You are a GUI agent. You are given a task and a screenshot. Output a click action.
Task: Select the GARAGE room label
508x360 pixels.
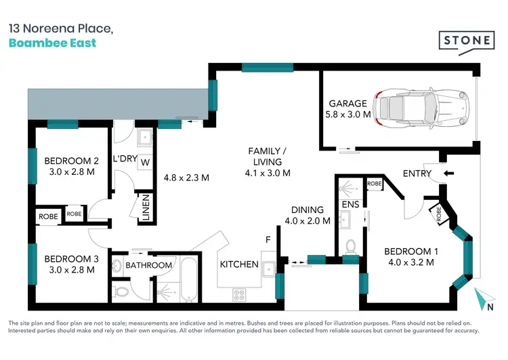point(348,104)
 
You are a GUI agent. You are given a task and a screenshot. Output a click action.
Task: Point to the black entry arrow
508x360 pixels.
point(449,173)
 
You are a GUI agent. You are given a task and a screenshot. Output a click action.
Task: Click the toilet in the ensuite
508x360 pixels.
point(350,245)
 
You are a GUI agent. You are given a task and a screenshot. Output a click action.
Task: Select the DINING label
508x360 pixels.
point(308,209)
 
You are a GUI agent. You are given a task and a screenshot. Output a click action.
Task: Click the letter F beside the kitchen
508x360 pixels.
point(268,240)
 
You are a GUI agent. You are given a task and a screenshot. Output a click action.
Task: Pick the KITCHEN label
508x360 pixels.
point(238,264)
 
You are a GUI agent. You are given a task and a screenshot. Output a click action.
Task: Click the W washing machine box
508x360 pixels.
point(146,162)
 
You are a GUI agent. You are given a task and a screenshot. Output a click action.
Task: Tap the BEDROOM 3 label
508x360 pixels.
point(67,259)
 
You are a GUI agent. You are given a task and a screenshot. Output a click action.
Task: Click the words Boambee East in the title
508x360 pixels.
point(52,43)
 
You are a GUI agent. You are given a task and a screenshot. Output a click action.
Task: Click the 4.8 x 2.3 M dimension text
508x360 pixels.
point(186,178)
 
